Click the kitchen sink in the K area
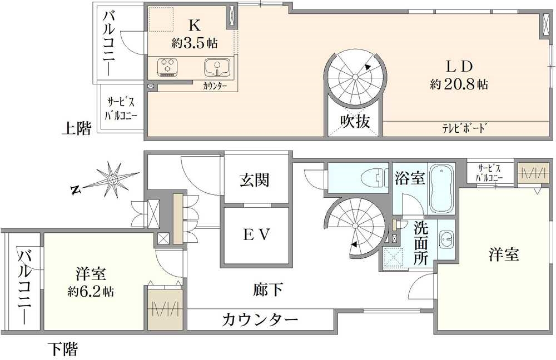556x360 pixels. tap(217, 67)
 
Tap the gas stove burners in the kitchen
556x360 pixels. tap(167, 67)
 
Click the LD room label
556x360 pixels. tap(459, 66)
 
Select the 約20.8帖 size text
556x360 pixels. tap(459, 84)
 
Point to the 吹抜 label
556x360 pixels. tap(355, 121)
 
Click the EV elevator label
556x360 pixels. tap(256, 236)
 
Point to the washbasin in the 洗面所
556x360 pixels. tap(445, 240)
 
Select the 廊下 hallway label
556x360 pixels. tap(269, 289)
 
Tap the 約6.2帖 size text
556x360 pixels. tap(91, 291)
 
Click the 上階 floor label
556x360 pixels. tap(76, 129)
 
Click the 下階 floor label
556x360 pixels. tap(62, 349)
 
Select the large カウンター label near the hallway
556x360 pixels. tap(260, 319)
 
